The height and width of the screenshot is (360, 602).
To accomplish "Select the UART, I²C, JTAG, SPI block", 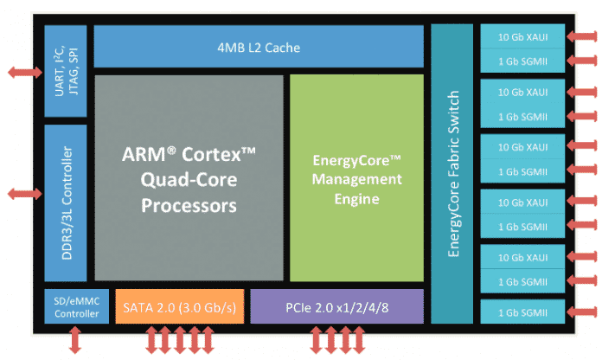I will click(x=66, y=73).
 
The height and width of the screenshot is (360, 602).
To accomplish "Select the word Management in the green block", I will click(x=357, y=179).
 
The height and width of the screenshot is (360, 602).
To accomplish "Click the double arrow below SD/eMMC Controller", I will click(x=76, y=340).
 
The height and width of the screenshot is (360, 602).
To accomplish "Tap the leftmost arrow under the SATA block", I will click(x=149, y=340).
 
